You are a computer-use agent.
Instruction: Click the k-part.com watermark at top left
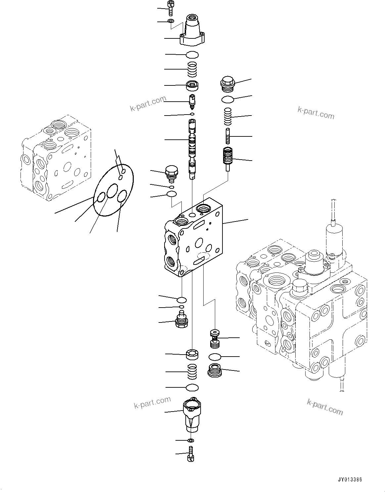click(148, 104)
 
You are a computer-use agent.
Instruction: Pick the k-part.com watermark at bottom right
click(325, 407)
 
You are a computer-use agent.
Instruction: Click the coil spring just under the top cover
click(192, 70)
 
